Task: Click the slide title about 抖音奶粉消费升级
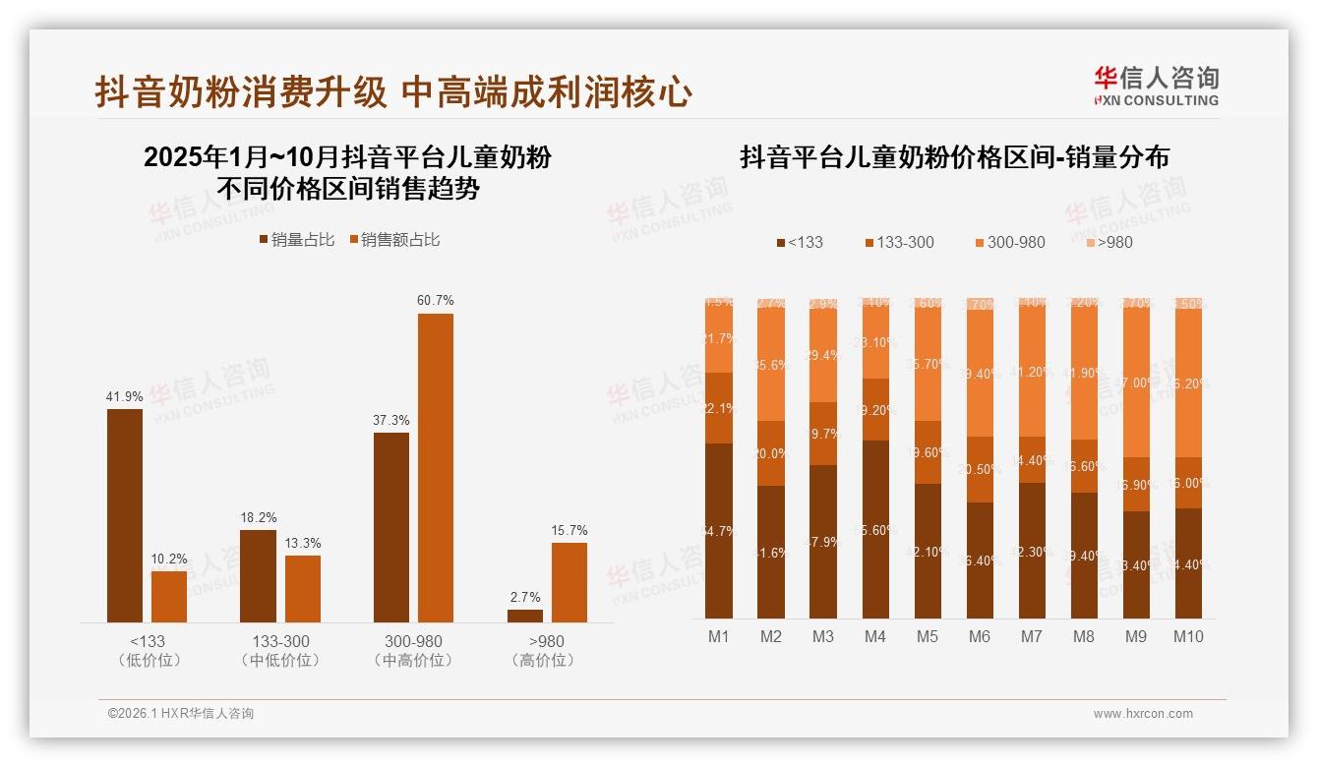pos(393,92)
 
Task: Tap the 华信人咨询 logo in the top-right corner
pos(1156,87)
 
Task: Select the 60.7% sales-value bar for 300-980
pos(436,467)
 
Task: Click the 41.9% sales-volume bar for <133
pos(125,515)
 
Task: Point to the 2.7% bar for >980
pos(525,616)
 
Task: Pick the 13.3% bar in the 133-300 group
pos(303,588)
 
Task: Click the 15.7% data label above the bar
pos(569,531)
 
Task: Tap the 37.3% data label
pos(391,421)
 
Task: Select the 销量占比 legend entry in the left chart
pos(296,240)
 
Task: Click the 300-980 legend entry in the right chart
pos(1010,242)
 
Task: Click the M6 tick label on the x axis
pos(979,636)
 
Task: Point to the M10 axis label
pos(1188,636)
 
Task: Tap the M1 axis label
pos(719,636)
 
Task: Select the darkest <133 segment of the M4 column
pos(875,529)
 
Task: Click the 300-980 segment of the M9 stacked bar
pos(1136,383)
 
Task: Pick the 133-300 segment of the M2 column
pos(771,453)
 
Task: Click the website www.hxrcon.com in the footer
pos(1143,714)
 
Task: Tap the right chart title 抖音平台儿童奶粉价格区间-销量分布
pos(954,158)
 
